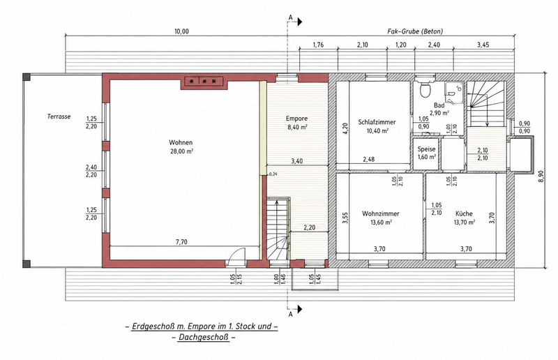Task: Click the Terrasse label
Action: coord(59,117)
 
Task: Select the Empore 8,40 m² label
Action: coord(297,123)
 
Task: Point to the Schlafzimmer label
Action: coord(377,122)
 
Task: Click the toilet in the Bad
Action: coord(425,89)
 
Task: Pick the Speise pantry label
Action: coord(426,149)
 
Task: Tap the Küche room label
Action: coord(464,213)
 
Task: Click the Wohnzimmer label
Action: coord(380,213)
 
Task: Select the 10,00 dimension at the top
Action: coord(181,31)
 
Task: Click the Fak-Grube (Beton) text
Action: coord(415,31)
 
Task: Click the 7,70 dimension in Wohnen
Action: coord(181,242)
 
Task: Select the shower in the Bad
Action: coord(454,92)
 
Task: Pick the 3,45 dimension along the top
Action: coord(483,45)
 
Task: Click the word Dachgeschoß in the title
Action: coord(204,337)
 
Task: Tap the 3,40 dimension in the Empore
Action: coord(297,161)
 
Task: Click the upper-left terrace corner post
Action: coord(27,77)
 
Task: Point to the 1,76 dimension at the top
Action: coord(318,45)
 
